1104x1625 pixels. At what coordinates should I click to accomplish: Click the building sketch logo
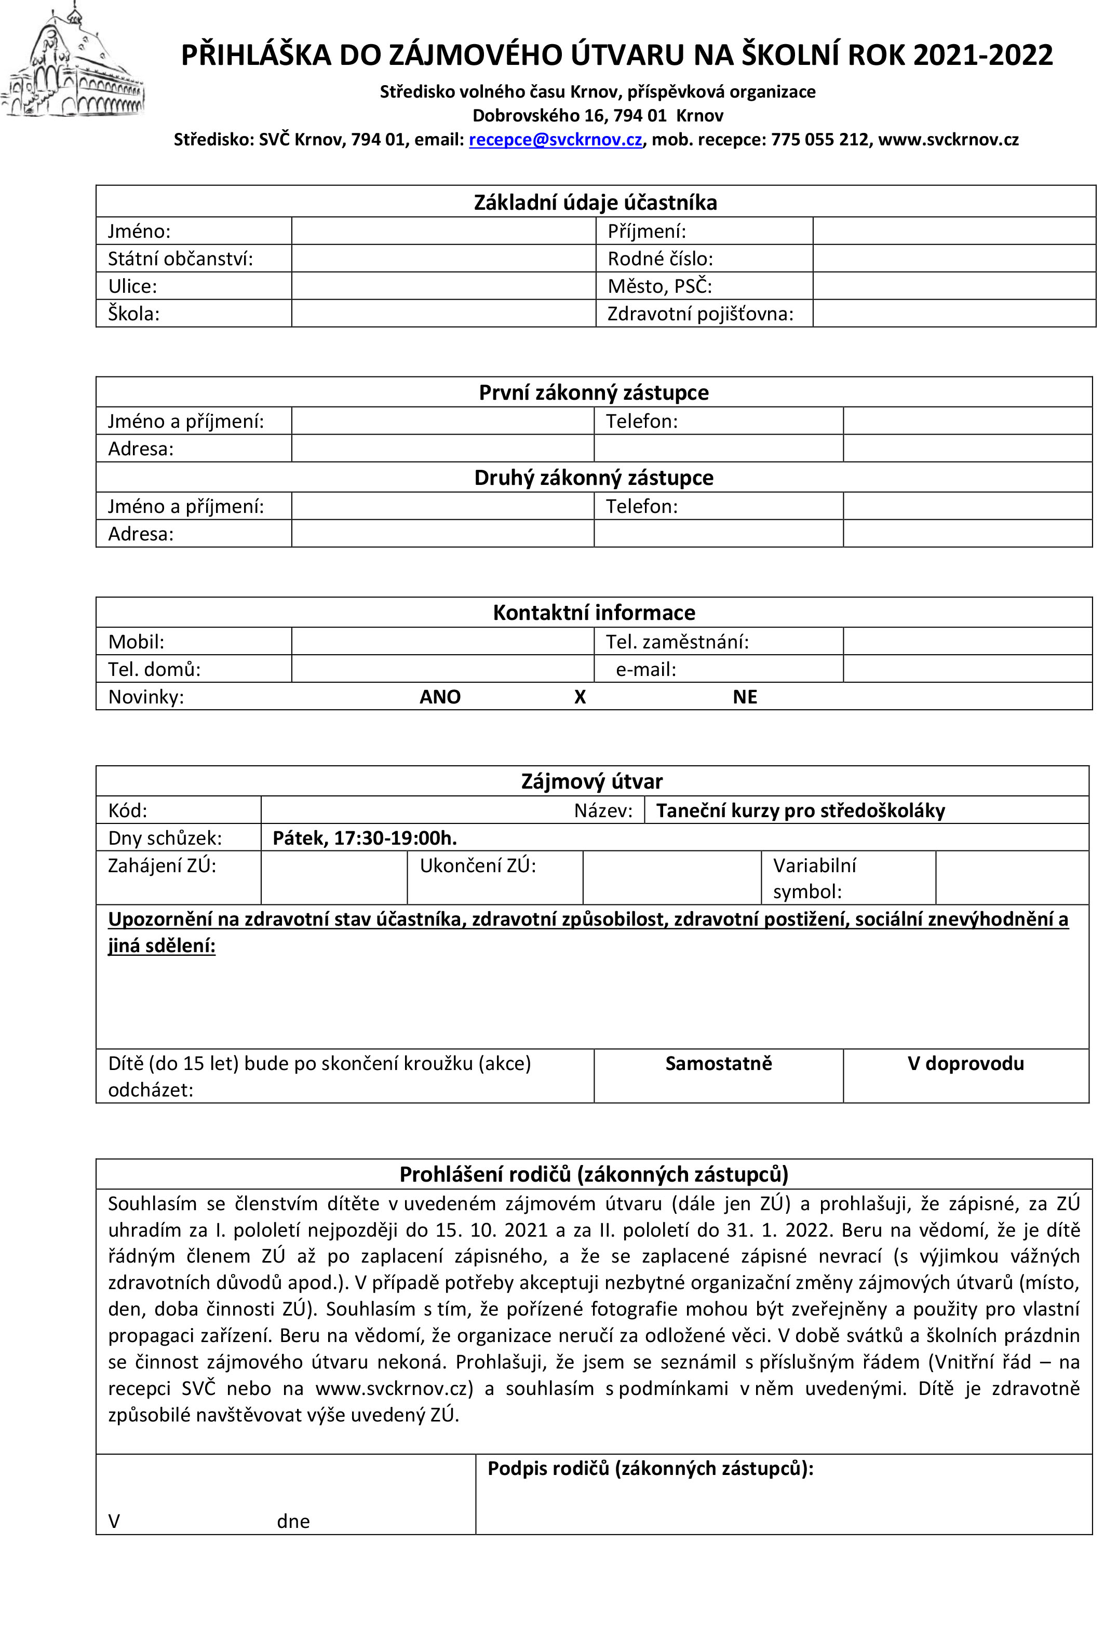coord(73,62)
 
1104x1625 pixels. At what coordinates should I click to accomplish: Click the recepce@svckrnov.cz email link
coord(555,140)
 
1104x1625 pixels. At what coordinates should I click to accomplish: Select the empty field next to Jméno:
coord(443,231)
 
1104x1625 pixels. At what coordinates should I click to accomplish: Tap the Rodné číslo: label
coord(660,259)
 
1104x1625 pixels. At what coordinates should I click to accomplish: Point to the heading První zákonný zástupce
coord(594,393)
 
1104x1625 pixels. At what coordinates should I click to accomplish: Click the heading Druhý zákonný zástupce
coord(594,478)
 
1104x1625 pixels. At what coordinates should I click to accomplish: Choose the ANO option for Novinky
coord(440,697)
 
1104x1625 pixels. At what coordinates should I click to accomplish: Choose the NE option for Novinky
coord(745,697)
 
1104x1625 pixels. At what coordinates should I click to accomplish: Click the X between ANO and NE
coord(580,697)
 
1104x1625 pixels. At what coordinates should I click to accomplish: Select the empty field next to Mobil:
coord(442,642)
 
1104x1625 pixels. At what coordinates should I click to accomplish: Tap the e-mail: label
coord(646,670)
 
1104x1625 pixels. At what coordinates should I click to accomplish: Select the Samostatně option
coord(718,1064)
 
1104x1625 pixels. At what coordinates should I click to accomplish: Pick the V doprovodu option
coord(965,1064)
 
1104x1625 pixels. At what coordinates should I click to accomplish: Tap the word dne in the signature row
coord(293,1522)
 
